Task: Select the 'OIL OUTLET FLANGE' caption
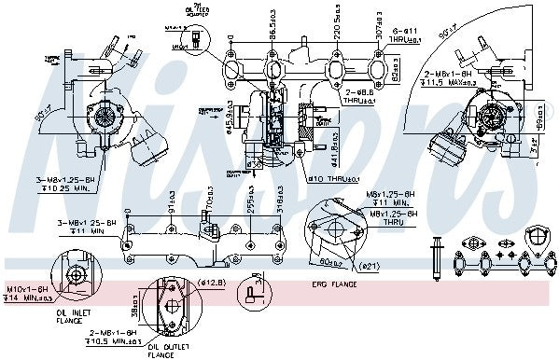161,351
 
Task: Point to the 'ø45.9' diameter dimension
232,120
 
